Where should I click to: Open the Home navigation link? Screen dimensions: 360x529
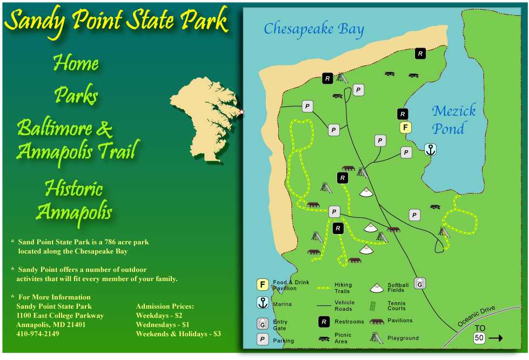coord(76,64)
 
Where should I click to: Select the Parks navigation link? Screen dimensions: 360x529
coord(76,96)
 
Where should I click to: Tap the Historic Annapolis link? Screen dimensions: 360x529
coord(73,200)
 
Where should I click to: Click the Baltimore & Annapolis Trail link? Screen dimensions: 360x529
coord(76,139)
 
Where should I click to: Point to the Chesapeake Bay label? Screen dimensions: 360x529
coord(314,29)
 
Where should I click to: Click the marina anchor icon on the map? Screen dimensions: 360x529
coord(430,150)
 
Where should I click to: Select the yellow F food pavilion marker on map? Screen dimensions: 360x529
coord(406,128)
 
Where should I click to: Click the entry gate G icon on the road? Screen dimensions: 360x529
coord(420,283)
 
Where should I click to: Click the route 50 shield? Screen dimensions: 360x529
coord(479,338)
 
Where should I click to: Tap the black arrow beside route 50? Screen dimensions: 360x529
coord(495,338)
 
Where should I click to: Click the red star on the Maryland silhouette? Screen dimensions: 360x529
coord(242,112)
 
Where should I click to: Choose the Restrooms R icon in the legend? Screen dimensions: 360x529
coord(324,322)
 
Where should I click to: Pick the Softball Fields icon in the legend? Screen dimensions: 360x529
coord(377,288)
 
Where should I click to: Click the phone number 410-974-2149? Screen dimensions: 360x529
coord(38,334)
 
